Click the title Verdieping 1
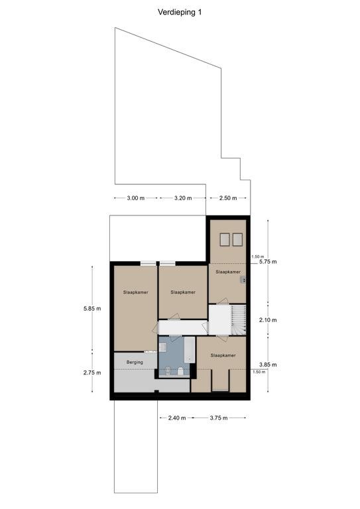coord(180,13)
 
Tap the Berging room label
coord(135,362)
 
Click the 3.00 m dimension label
coord(136,198)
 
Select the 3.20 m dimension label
coord(183,198)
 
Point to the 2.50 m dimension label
coord(228,198)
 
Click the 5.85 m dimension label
coord(92,308)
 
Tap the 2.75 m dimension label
coord(92,372)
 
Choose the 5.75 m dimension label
coord(268,262)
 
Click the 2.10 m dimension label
coord(268,320)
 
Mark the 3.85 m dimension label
coord(268,365)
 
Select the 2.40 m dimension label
coord(177,418)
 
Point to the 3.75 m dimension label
coord(219,418)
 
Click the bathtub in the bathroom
coord(190,350)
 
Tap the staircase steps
coord(239,319)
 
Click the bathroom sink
coord(162,348)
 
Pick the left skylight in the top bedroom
coord(225,239)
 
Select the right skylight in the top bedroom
coord(237,239)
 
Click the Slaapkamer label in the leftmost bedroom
coord(136,292)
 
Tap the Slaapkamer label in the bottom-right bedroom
coord(223,355)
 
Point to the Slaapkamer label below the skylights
coord(228,272)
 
